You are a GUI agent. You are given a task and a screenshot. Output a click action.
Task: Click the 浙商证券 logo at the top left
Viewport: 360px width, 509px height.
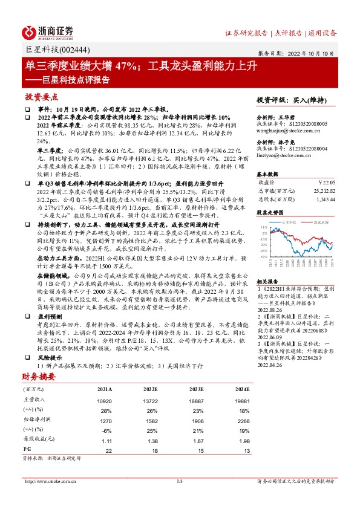48,32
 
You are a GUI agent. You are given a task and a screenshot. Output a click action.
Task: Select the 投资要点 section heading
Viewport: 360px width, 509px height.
42,97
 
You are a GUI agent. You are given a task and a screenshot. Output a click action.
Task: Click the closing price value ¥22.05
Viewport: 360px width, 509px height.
326,181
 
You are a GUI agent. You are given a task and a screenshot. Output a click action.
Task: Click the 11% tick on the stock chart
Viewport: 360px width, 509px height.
262,227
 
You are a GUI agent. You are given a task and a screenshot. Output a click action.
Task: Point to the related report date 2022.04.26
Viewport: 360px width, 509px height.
270,365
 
